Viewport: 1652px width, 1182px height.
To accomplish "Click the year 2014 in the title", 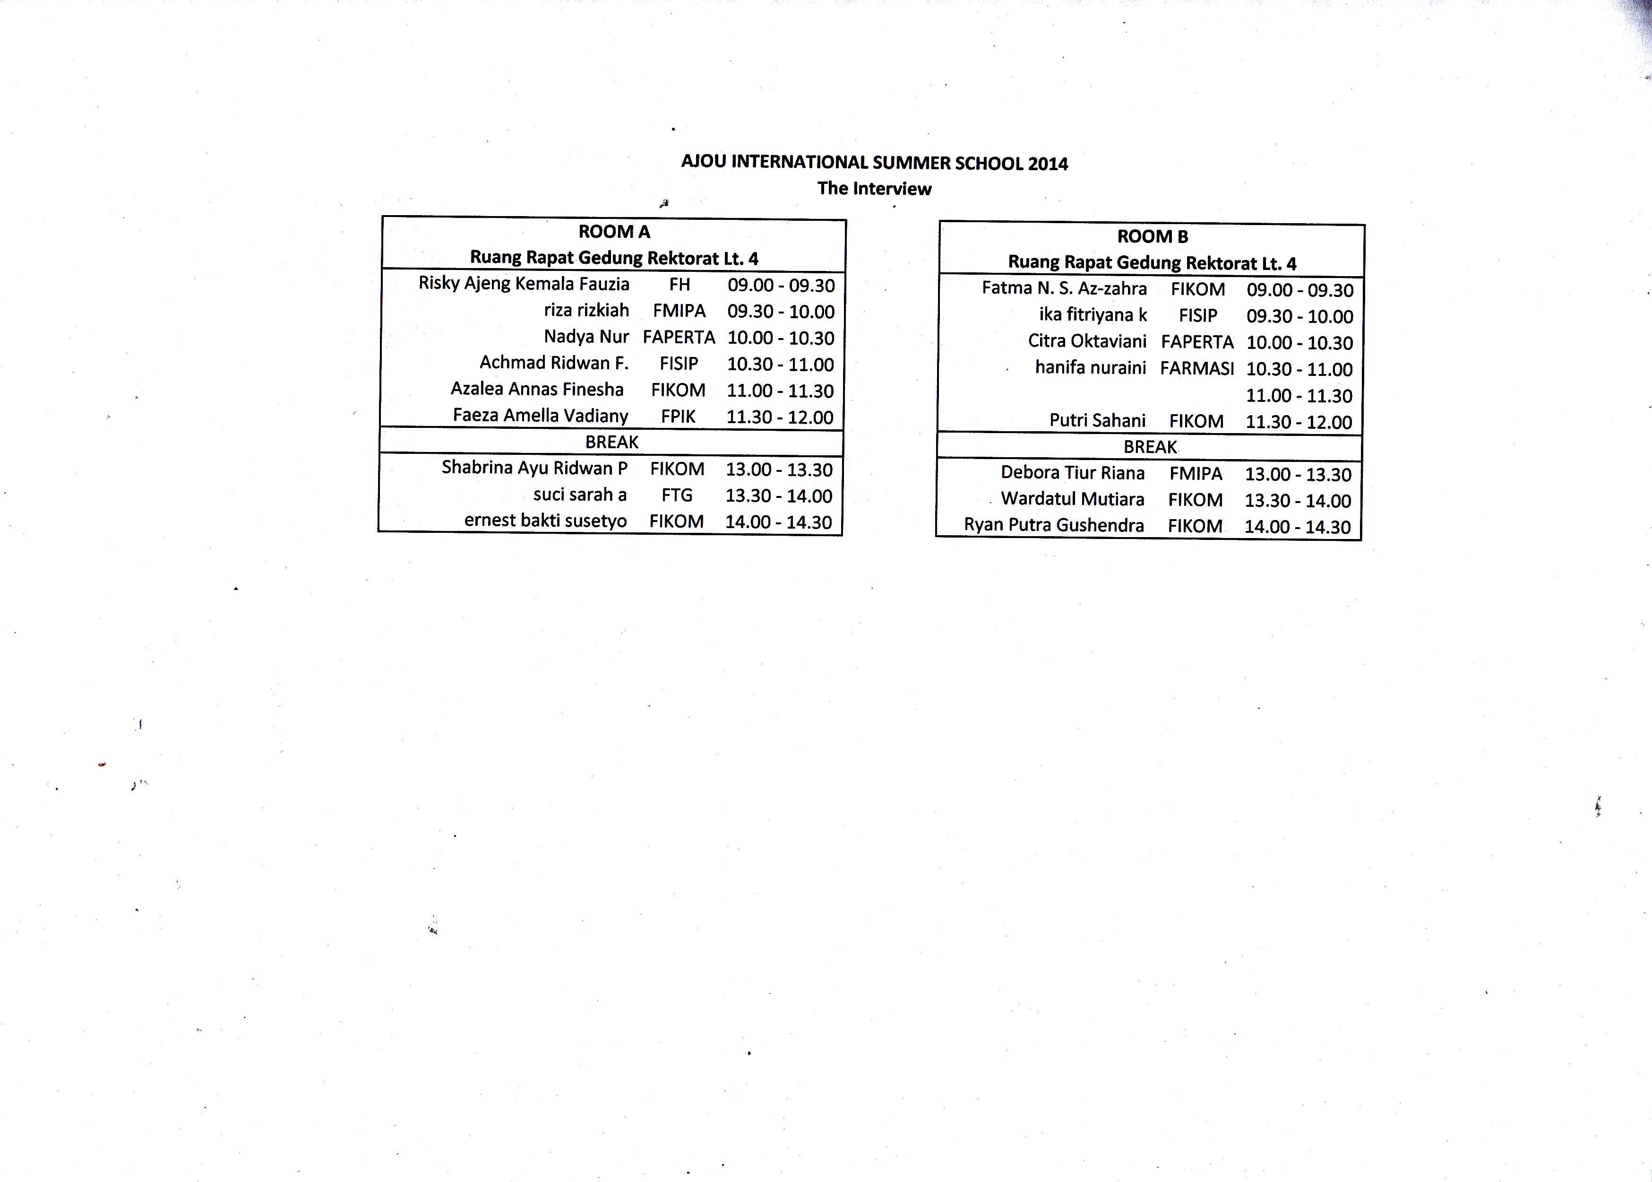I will click(1048, 163).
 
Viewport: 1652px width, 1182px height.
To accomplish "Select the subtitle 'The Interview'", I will click(874, 189).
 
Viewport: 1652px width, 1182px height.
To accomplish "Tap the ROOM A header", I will click(614, 232).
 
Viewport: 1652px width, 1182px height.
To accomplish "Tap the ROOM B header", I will click(1152, 236).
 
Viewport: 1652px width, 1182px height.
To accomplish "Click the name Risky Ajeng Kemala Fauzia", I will click(524, 283).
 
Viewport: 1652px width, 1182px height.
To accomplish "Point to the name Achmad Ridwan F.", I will click(553, 363).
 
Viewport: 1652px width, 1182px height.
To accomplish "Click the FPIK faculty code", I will click(678, 417).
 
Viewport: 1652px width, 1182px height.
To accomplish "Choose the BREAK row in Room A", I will click(612, 442).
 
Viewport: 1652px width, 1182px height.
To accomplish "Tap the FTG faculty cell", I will click(677, 495).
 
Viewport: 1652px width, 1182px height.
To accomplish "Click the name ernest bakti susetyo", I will click(546, 521).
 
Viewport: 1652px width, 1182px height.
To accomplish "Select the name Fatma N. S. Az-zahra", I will click(1064, 288).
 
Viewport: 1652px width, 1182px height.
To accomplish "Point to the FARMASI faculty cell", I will click(1196, 368).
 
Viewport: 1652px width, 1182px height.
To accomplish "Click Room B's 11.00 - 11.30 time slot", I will click(1299, 395).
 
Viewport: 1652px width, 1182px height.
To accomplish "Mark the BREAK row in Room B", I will click(1150, 447).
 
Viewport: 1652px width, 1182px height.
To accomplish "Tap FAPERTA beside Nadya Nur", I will click(679, 338).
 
